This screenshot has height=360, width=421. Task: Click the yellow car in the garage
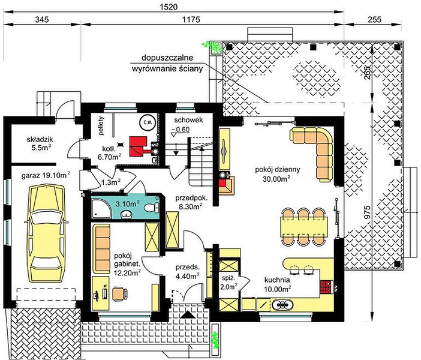coord(47,233)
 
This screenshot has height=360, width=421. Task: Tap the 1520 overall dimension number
coord(169,7)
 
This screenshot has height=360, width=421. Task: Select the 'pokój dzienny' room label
coord(277,170)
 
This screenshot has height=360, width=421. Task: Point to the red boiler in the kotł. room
coord(139,146)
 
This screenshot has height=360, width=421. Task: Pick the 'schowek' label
coord(188,120)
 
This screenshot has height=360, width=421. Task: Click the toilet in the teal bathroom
coord(152,208)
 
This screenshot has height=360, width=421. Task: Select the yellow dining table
coord(304,227)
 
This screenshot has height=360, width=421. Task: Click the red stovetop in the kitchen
coord(326,287)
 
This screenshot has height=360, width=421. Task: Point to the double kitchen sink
coord(282,305)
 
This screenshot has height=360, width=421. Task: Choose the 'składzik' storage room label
coord(40,139)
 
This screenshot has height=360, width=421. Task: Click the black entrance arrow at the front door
coord(188,314)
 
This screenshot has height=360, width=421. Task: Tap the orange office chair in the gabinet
coord(120,293)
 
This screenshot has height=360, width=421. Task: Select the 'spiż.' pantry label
coord(227,278)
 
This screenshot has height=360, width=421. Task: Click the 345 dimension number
coord(41,20)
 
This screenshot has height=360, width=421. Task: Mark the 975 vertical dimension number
coord(368,212)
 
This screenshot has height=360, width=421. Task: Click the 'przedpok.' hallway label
coord(191,198)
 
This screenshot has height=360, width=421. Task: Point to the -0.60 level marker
coord(181,129)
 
